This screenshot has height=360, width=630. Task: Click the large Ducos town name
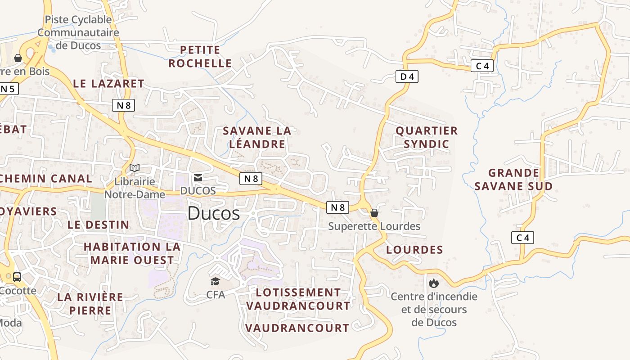point(213,213)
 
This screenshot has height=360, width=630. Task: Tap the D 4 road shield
point(407,77)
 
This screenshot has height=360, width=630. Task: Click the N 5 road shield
point(8,89)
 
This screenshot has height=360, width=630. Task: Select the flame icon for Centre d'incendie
point(434,283)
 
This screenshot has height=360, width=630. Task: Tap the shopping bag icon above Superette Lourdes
point(374,213)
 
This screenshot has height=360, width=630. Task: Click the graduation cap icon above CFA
point(216,282)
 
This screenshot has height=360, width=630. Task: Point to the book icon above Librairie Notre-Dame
point(135,168)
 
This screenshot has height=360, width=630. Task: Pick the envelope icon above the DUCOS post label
point(198,178)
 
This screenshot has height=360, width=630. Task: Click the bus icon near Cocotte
point(17,277)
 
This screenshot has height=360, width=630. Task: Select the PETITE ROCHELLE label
point(200,56)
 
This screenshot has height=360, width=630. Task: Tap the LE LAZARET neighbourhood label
point(108,83)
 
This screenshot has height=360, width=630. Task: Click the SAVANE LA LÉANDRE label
point(257,137)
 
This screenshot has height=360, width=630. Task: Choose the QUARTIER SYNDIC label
point(427,137)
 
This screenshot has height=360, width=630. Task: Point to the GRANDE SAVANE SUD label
point(513,179)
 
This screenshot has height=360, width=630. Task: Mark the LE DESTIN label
point(99,225)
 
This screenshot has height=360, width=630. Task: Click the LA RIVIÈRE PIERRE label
point(90,303)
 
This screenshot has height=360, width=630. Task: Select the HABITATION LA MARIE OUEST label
point(132,253)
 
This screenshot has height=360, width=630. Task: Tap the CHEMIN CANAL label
point(46,178)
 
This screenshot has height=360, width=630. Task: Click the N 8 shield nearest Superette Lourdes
point(337,207)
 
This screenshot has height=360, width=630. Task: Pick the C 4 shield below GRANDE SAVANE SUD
point(522,238)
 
